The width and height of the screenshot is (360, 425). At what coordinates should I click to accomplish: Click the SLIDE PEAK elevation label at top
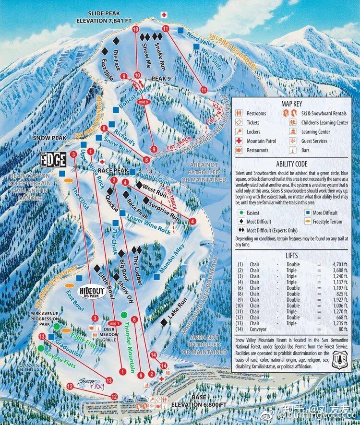(104, 17)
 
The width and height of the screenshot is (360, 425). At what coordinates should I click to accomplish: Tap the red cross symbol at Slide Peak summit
(164, 15)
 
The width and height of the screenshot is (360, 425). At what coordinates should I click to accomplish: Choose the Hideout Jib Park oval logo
(91, 292)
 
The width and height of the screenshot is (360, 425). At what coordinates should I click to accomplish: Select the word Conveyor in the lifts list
(257, 329)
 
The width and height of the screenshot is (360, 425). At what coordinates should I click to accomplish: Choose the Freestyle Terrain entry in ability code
(328, 222)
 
